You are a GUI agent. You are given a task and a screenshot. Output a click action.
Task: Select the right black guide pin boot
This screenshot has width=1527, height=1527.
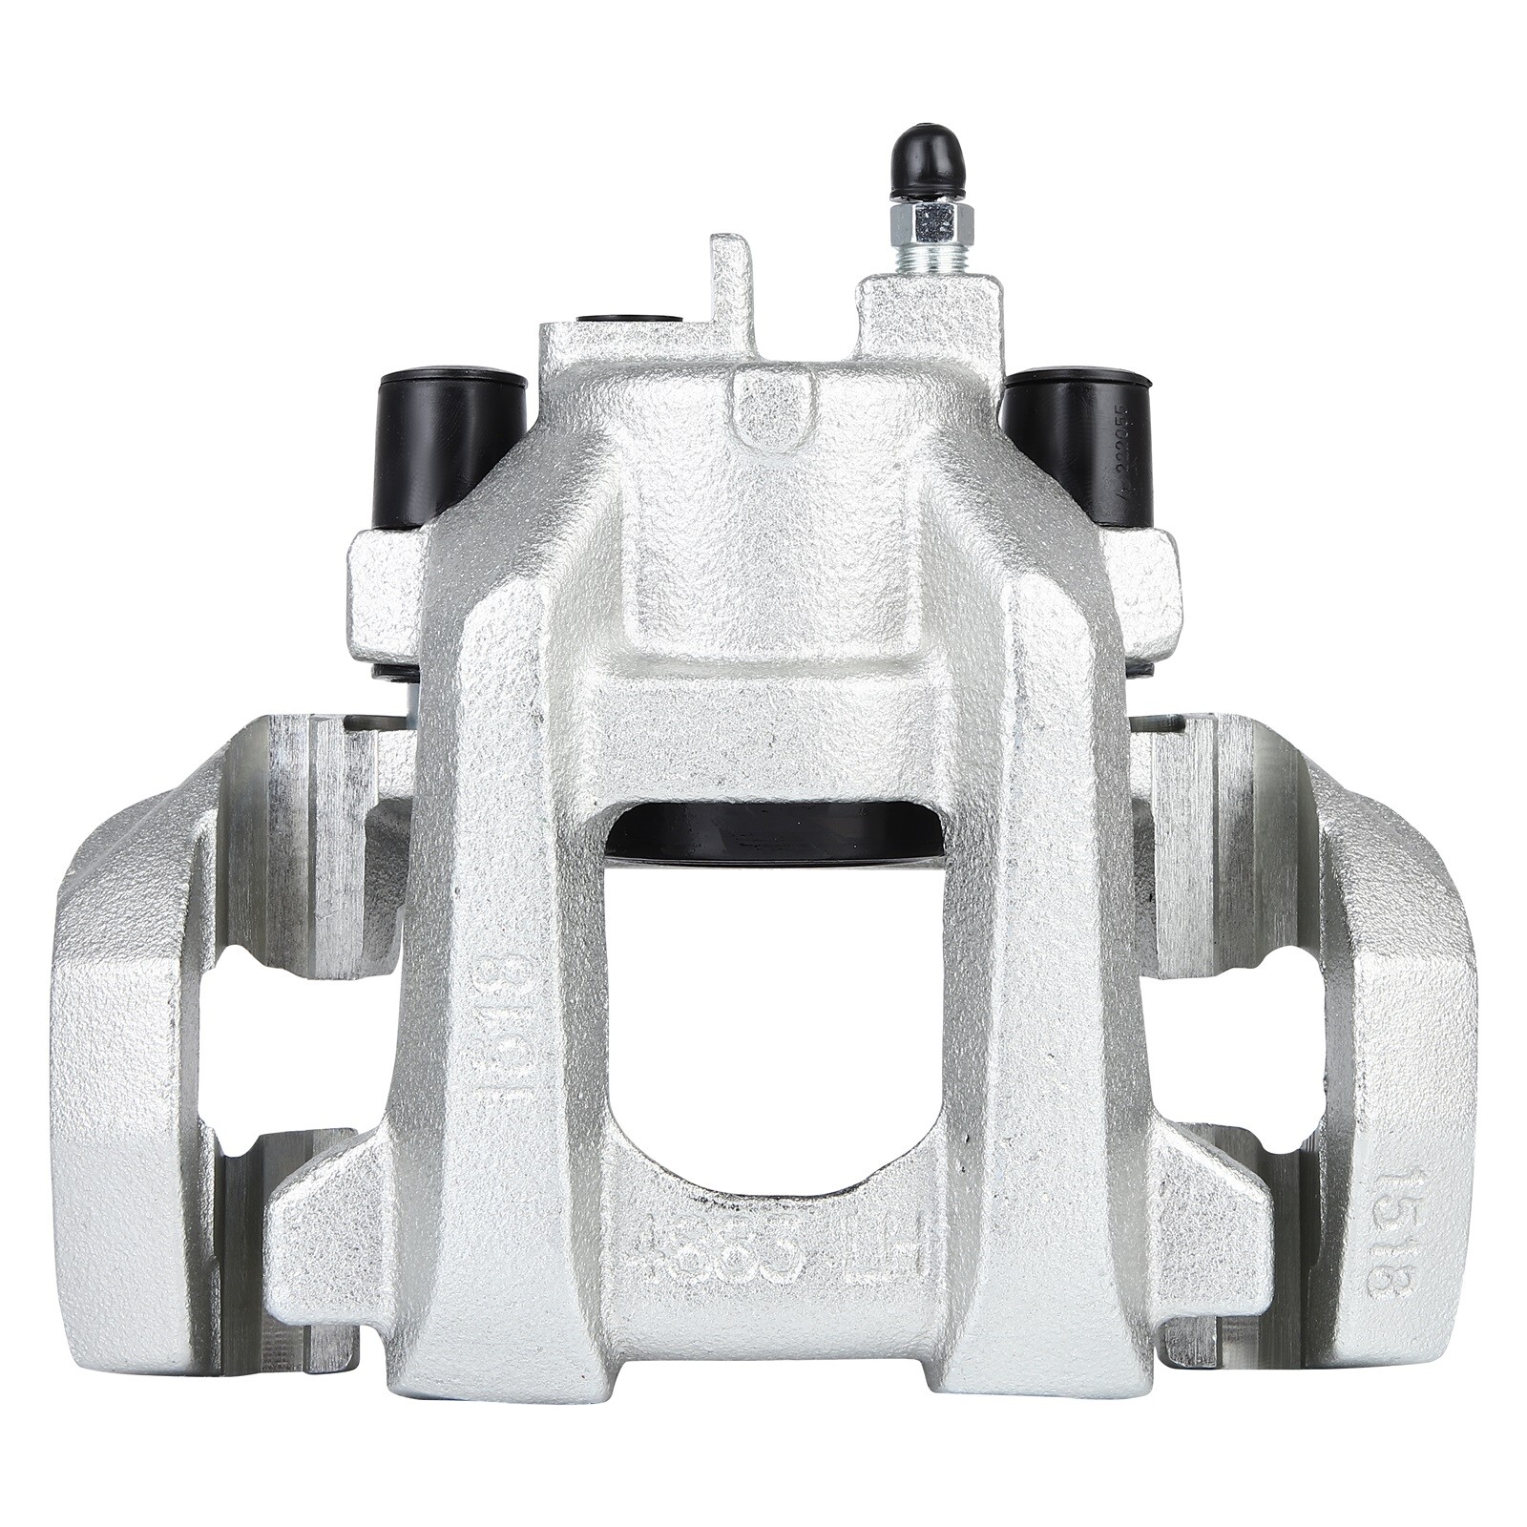coord(1077,445)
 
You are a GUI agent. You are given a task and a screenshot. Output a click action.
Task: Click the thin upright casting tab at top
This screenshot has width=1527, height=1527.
coord(730,286)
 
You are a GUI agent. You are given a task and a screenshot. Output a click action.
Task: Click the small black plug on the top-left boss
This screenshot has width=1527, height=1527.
coord(630,320)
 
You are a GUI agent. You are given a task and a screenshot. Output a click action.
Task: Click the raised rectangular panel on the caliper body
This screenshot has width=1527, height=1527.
coord(769,573)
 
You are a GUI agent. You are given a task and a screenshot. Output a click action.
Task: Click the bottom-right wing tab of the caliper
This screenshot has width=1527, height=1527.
coord(1212,1231)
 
